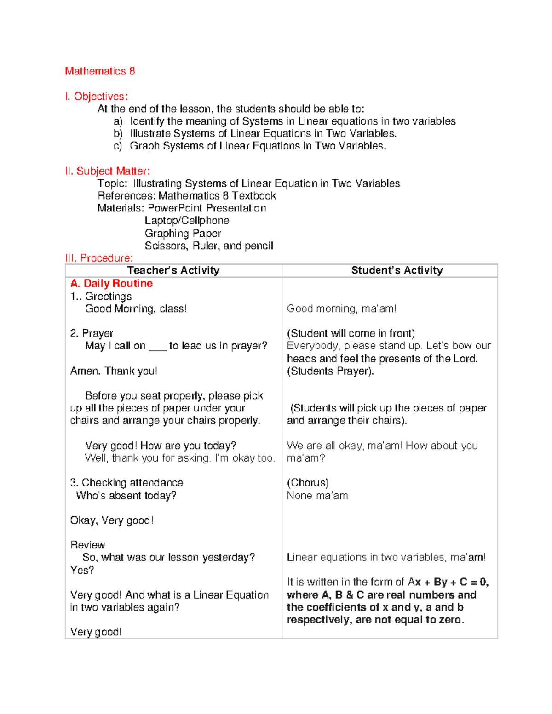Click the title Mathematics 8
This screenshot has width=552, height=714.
(100, 71)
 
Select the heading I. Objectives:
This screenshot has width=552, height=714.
(96, 97)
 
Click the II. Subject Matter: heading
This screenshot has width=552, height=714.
(108, 171)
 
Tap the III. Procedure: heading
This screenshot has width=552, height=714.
(99, 258)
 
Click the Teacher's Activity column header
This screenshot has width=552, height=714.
(173, 270)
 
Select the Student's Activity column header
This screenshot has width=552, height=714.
(397, 270)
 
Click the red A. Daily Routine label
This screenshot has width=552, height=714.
(111, 283)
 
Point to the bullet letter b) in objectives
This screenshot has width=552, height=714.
(118, 134)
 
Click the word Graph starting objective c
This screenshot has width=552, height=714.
(144, 146)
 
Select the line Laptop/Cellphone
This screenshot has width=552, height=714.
(187, 221)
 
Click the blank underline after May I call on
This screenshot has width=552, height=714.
(157, 347)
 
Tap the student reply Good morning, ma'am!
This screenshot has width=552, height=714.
(341, 308)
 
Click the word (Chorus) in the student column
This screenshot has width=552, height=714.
(308, 483)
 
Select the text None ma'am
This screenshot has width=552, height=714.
(317, 496)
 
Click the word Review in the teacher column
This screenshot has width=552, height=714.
(88, 545)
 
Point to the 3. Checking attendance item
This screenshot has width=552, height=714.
(126, 483)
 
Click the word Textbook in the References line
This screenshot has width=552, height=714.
(254, 196)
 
